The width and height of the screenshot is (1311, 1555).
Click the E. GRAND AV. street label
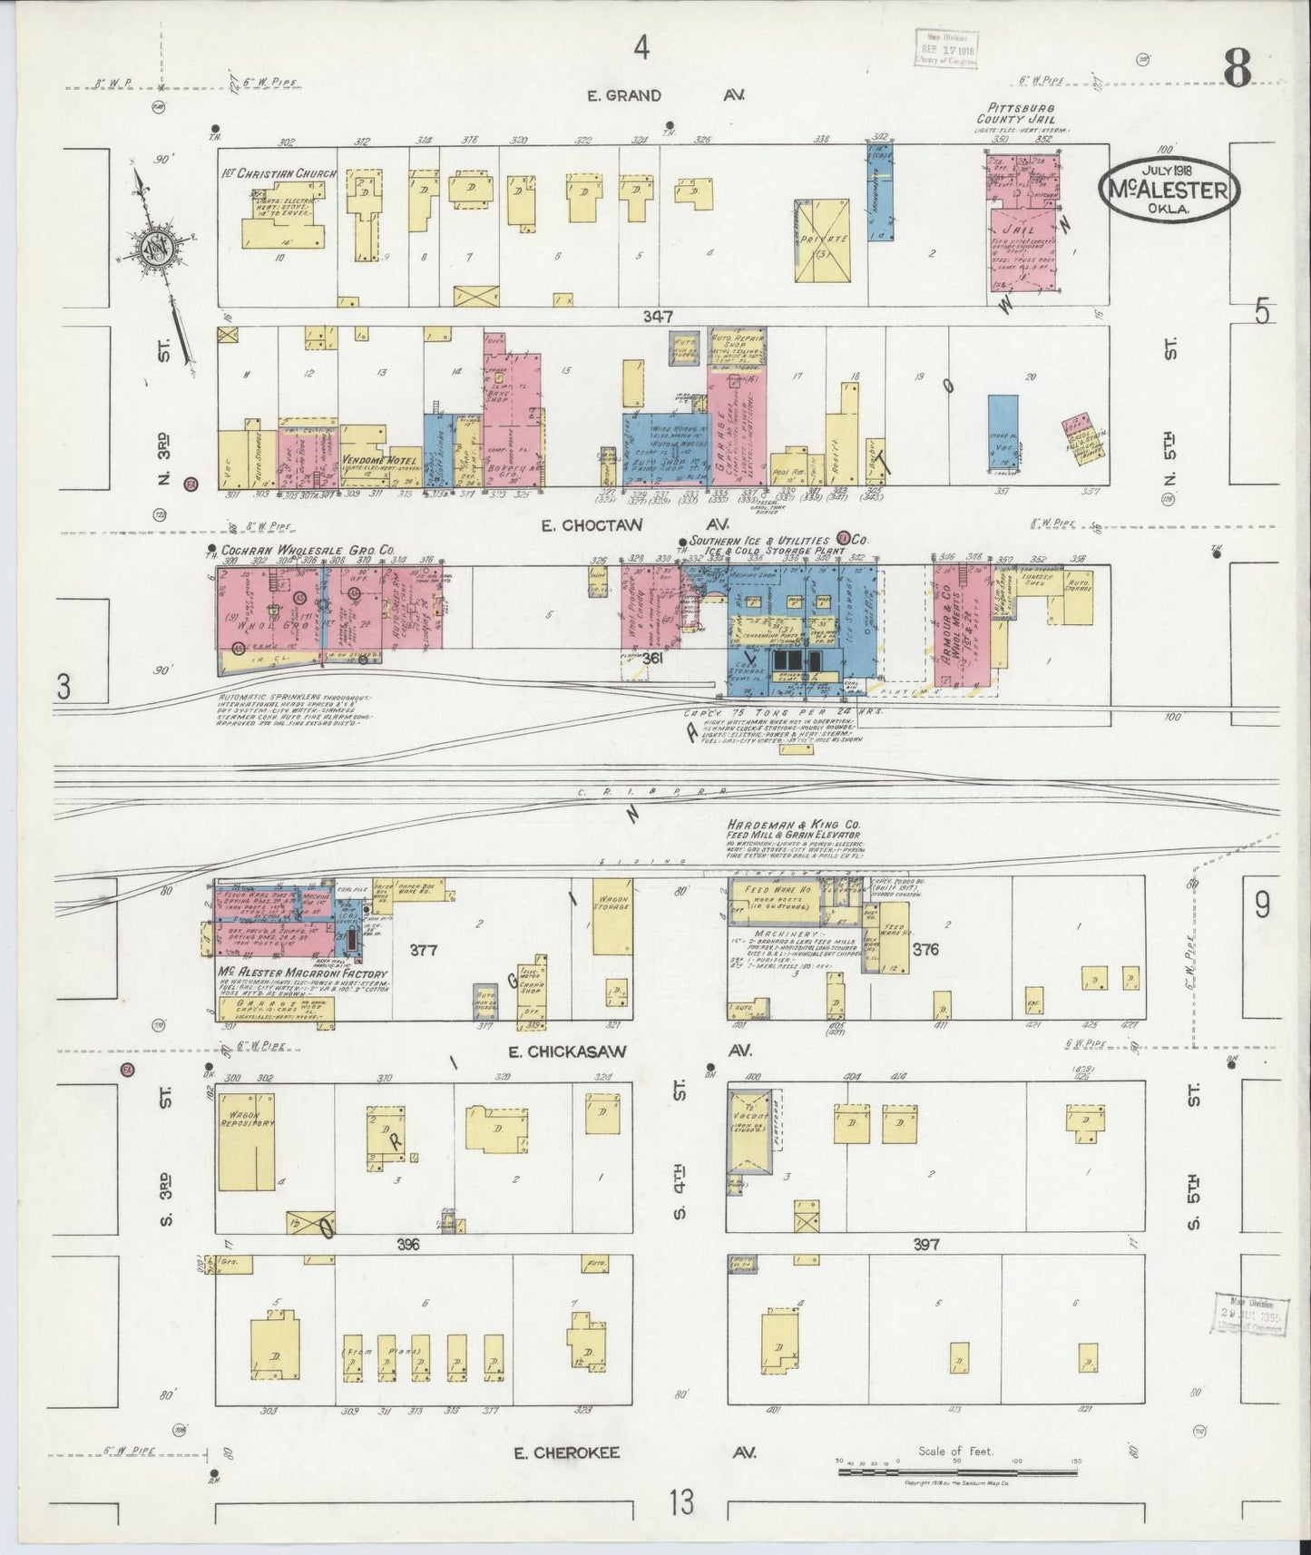point(666,95)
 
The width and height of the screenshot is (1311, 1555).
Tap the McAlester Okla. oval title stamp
point(1169,189)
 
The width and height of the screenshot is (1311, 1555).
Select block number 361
point(652,660)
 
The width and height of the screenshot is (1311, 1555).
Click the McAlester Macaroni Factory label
point(301,973)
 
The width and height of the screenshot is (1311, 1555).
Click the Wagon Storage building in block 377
point(613,916)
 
